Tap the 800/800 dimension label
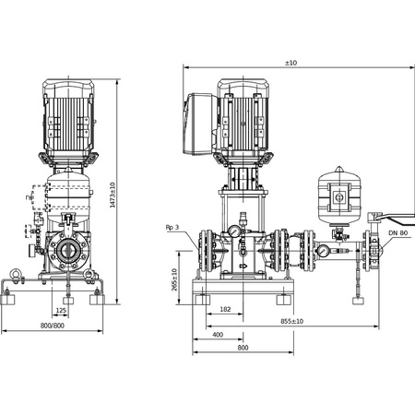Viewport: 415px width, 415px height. pos(52,325)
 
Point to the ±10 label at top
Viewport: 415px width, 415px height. pos(290,62)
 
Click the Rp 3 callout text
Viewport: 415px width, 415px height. pos(171,227)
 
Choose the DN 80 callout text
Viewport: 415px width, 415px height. pos(398,235)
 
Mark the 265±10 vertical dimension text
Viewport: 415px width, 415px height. pos(174,278)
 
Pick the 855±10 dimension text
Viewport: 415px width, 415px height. pos(294,321)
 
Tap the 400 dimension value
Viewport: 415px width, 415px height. pos(218,336)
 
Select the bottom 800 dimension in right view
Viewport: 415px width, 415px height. pos(243,349)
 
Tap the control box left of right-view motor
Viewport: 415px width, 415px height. pos(202,120)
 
